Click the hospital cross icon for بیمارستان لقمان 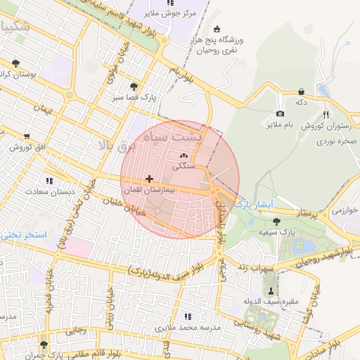click(149, 179)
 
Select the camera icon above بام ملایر click(280, 114)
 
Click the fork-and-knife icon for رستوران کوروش click(326, 115)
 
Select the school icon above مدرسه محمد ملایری click(186, 316)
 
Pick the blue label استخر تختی click(25, 234)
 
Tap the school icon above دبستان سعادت click(49, 180)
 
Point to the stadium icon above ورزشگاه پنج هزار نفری click(216, 29)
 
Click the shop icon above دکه click(301, 91)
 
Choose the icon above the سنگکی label click(184, 156)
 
